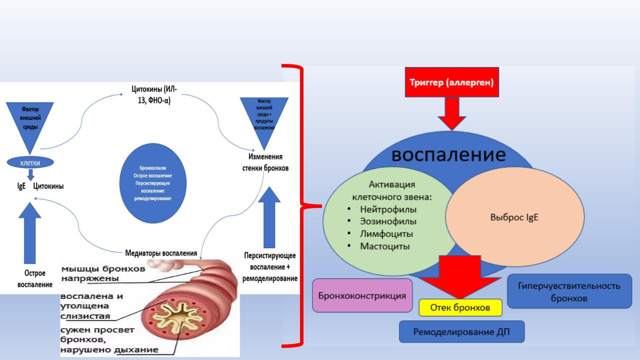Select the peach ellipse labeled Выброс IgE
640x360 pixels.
514,218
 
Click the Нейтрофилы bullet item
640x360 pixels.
388,209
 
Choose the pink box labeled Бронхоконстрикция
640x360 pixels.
362,295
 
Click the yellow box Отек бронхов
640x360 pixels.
460,307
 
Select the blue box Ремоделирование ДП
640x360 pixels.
461,331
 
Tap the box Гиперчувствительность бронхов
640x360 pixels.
569,291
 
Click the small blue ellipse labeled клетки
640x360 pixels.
31,162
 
